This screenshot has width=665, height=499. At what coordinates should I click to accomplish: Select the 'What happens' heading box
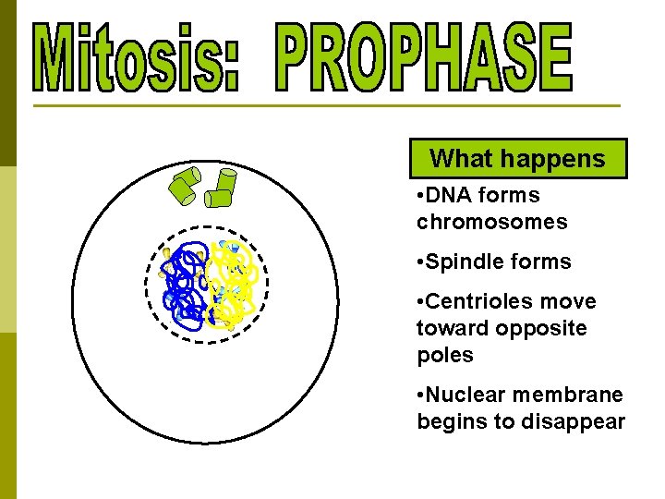pyautogui.click(x=518, y=159)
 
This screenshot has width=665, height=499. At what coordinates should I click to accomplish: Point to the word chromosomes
pyautogui.click(x=491, y=223)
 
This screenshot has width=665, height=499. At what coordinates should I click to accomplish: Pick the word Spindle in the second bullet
pyautogui.click(x=464, y=262)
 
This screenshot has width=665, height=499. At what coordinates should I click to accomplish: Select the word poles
pyautogui.click(x=444, y=356)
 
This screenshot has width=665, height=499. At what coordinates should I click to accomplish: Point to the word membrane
pyautogui.click(x=567, y=396)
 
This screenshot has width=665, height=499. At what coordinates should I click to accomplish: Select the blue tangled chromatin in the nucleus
pyautogui.click(x=187, y=285)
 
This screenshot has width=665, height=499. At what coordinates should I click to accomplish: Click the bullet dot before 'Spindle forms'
pyautogui.click(x=421, y=262)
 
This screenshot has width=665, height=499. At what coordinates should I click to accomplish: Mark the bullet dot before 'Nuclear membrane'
pyautogui.click(x=421, y=396)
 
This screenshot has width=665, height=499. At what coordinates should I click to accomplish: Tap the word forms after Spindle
pyautogui.click(x=542, y=262)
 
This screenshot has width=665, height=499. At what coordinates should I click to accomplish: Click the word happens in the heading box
pyautogui.click(x=557, y=159)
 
